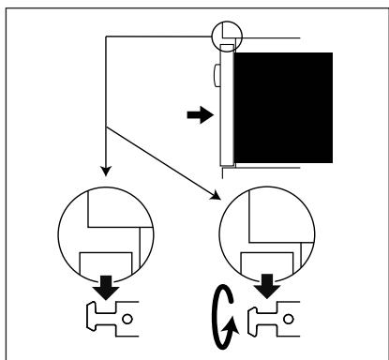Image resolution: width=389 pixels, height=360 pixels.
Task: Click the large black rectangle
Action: pos(281,104)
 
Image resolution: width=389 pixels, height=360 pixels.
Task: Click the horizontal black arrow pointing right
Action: pos(199,116)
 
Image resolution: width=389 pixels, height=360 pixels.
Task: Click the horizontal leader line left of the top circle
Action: pos(159,37)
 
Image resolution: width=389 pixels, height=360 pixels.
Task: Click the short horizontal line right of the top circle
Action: pos(272,37)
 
